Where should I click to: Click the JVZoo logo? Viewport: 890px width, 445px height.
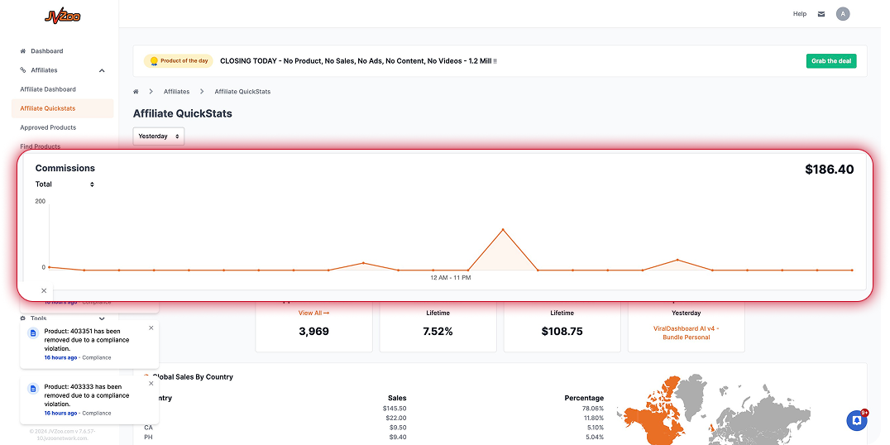click(x=62, y=16)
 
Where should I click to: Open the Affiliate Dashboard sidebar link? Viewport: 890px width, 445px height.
click(x=48, y=89)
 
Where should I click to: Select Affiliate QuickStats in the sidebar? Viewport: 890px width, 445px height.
click(x=48, y=108)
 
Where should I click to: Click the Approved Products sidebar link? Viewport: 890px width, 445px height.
click(x=48, y=127)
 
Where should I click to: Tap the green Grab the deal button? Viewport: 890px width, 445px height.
click(x=831, y=61)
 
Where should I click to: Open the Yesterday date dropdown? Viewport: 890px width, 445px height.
click(x=158, y=136)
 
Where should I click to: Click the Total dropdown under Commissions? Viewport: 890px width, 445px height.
click(x=65, y=184)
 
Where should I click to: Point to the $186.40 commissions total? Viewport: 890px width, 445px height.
click(x=829, y=170)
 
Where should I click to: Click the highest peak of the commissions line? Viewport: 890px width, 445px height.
click(x=503, y=229)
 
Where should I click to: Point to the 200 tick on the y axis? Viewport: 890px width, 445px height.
click(x=41, y=201)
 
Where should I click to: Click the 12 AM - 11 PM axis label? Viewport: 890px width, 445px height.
click(x=451, y=278)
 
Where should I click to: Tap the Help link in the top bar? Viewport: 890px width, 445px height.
click(x=799, y=14)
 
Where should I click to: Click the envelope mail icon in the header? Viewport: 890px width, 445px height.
click(x=821, y=14)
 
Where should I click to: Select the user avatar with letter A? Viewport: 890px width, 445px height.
click(x=843, y=14)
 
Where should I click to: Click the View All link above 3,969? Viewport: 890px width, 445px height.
click(x=313, y=313)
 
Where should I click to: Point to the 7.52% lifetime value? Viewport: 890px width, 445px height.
click(x=438, y=332)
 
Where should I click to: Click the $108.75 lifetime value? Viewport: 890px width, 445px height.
click(x=562, y=332)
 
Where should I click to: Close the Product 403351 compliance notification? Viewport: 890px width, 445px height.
click(x=151, y=328)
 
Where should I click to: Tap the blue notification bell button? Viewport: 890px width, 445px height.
click(x=857, y=420)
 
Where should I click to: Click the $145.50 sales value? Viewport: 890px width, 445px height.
click(x=395, y=409)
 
